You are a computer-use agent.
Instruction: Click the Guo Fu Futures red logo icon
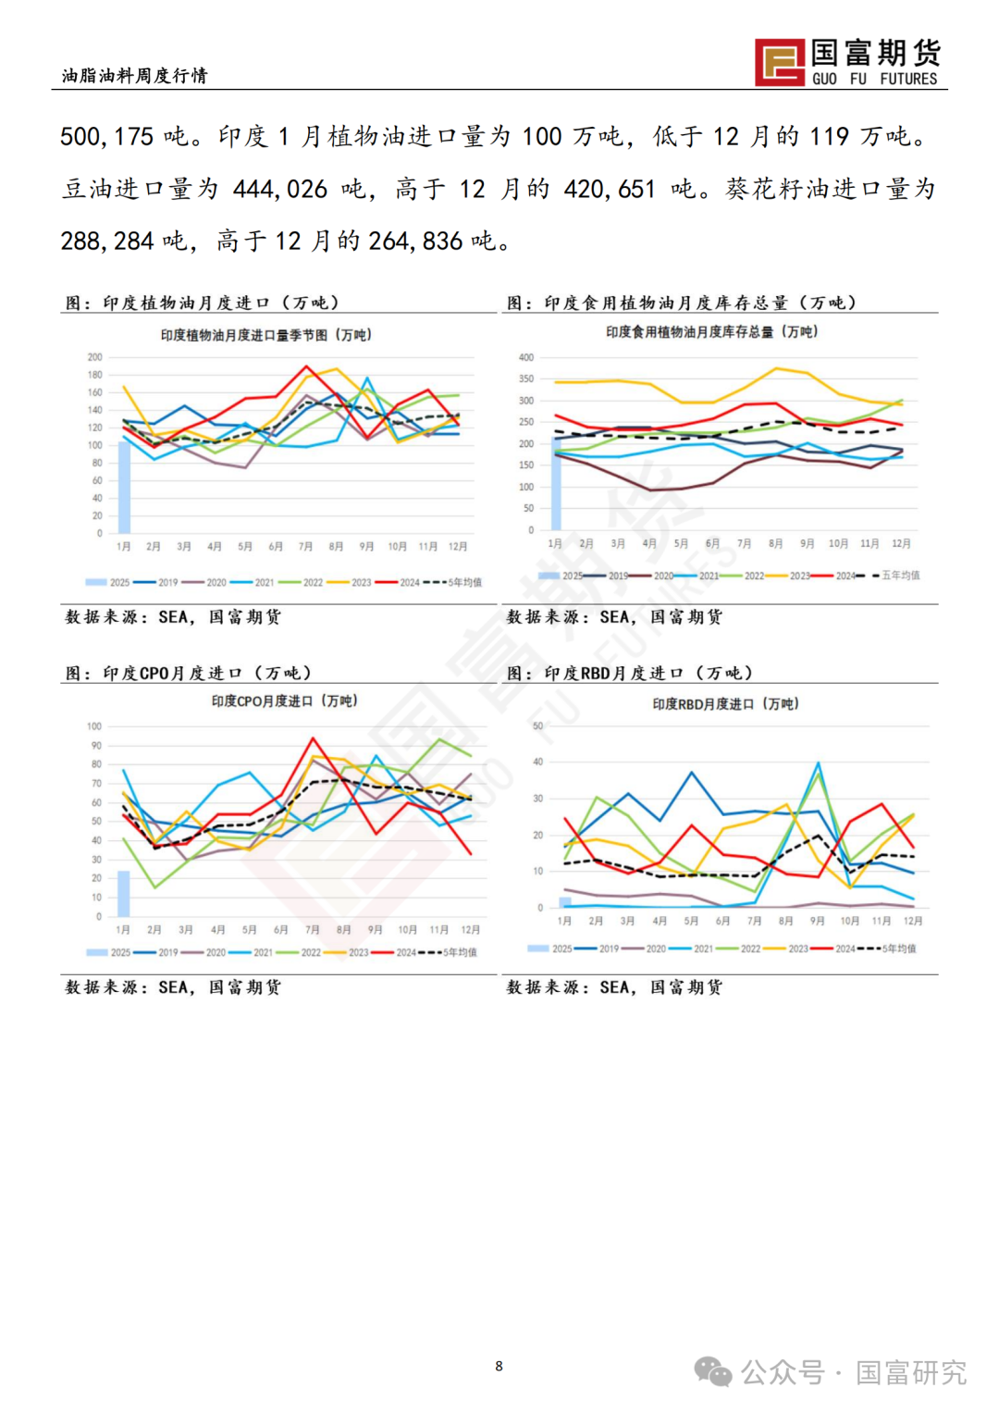pyautogui.click(x=779, y=63)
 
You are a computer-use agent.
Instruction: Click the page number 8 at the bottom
pyautogui.click(x=499, y=1366)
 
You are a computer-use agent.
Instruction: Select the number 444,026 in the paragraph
pyautogui.click(x=280, y=190)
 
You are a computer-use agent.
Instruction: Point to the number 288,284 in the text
pyautogui.click(x=107, y=242)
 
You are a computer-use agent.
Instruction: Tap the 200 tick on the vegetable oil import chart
pyautogui.click(x=95, y=357)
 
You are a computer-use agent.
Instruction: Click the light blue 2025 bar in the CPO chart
pyautogui.click(x=123, y=893)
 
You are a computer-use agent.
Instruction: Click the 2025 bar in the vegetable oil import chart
pyautogui.click(x=124, y=487)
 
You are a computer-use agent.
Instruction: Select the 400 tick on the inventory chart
pyautogui.click(x=526, y=357)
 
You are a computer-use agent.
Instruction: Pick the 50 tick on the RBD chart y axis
pyautogui.click(x=537, y=726)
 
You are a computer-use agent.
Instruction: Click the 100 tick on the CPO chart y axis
pyautogui.click(x=94, y=726)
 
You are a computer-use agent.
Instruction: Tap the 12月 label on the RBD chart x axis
pyautogui.click(x=912, y=921)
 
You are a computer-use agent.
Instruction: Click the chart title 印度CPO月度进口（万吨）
pyautogui.click(x=284, y=701)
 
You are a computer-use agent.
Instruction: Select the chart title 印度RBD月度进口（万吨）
pyautogui.click(x=725, y=704)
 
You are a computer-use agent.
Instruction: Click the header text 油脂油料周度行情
pyautogui.click(x=135, y=76)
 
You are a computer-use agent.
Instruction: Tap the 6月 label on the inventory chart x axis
pyautogui.click(x=712, y=544)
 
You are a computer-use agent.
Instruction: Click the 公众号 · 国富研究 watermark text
pyautogui.click(x=853, y=1372)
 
